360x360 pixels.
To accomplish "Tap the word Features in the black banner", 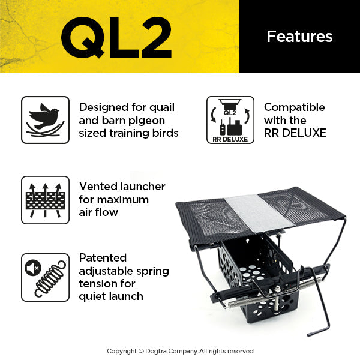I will tap(299, 37).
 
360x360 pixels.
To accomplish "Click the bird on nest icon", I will tap(45, 120).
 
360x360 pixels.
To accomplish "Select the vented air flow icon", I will tap(45, 200).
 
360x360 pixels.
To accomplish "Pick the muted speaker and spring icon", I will tap(45, 277).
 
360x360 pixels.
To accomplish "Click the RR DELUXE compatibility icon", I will tap(230, 120).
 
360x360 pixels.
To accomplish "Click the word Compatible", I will tap(294, 107).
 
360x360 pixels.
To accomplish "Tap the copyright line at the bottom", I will tap(180, 351).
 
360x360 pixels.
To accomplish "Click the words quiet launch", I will tap(110, 296).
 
